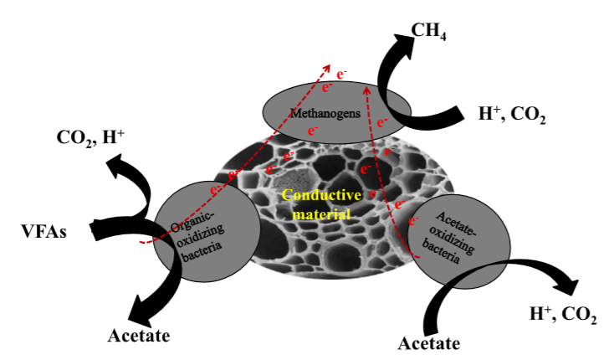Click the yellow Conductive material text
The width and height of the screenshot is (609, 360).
[x=321, y=203]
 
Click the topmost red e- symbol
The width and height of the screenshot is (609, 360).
[x=337, y=64]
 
